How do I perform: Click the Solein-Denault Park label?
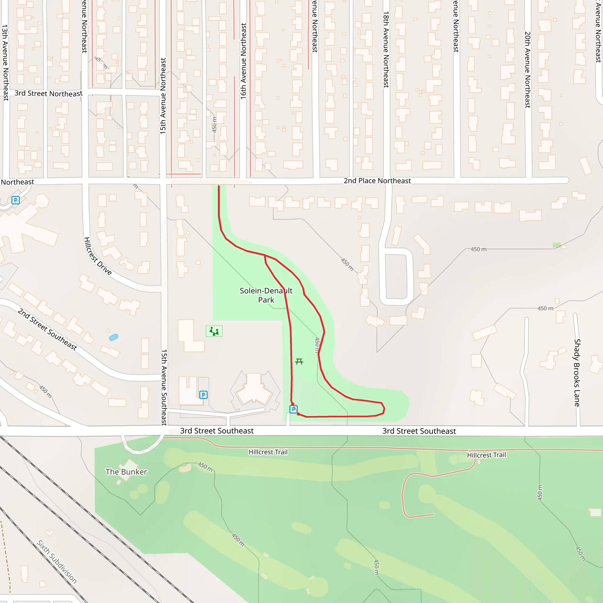click(x=266, y=295)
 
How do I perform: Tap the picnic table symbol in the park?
click(x=299, y=362)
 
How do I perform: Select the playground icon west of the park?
click(x=214, y=331)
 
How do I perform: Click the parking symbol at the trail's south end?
click(x=293, y=409)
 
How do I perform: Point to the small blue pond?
click(x=114, y=337)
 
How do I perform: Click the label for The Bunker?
click(x=126, y=472)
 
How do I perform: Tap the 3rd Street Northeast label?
click(x=48, y=93)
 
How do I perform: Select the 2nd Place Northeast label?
click(x=377, y=181)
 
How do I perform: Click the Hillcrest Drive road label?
click(x=97, y=256)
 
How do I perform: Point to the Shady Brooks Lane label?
click(x=577, y=373)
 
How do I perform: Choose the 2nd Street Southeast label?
click(x=47, y=329)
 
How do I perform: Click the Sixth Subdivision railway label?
click(x=57, y=561)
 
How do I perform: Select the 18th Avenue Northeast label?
click(x=386, y=50)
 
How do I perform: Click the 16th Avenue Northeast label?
click(x=243, y=61)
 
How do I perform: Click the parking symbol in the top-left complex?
click(x=16, y=200)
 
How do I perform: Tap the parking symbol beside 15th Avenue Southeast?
click(x=203, y=395)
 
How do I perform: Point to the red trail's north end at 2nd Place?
click(x=219, y=187)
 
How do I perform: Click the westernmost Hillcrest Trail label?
click(x=268, y=452)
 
